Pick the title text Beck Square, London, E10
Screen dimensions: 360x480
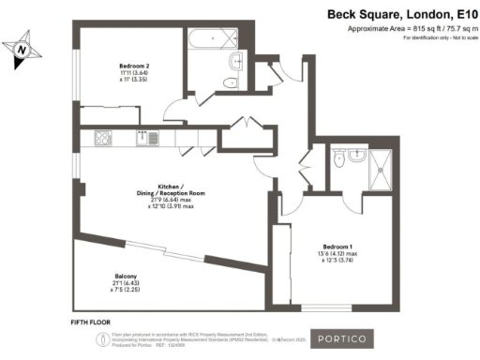click(396, 14)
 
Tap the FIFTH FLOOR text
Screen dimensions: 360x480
click(92, 322)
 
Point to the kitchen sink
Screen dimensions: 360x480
click(147, 139)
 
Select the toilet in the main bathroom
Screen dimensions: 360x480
click(233, 61)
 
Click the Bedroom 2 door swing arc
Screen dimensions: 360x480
click(174, 111)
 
